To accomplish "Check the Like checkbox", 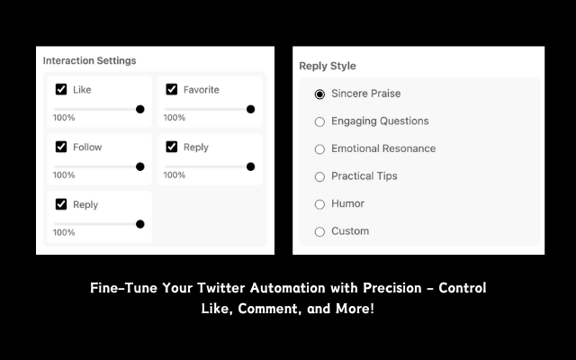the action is [61, 89].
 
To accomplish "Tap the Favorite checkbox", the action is [172, 89].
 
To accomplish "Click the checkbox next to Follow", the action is [61, 147].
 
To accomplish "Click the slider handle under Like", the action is [140, 109].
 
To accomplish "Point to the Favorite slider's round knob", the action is [250, 109].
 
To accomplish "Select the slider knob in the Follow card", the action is [140, 166].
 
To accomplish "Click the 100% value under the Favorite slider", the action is [175, 118].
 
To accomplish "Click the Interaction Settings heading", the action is [90, 60].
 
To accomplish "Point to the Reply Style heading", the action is [328, 66].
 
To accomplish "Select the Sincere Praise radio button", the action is [320, 94].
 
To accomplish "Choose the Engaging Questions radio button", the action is [320, 121].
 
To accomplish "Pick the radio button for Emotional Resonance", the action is [320, 149].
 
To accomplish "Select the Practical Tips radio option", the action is [320, 176].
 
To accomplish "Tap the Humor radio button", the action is [320, 204].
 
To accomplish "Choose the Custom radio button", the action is [320, 232].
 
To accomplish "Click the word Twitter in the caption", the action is [221, 288].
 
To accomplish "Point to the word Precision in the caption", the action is [392, 288].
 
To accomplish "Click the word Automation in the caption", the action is [288, 288].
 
